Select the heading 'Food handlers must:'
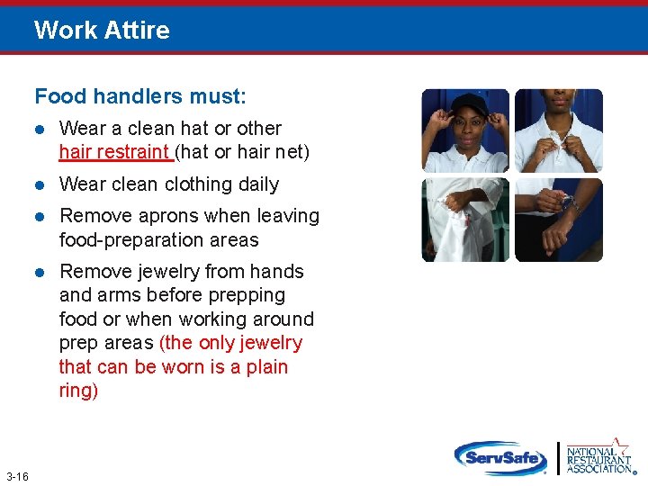pyautogui.click(x=139, y=95)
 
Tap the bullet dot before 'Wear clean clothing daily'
pyautogui.click(x=40, y=185)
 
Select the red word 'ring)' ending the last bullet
pyautogui.click(x=78, y=391)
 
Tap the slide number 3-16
pyautogui.click(x=17, y=475)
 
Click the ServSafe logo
pyautogui.click(x=500, y=457)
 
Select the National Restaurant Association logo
pyautogui.click(x=599, y=457)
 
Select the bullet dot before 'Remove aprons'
pyautogui.click(x=40, y=217)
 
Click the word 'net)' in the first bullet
pyautogui.click(x=292, y=152)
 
